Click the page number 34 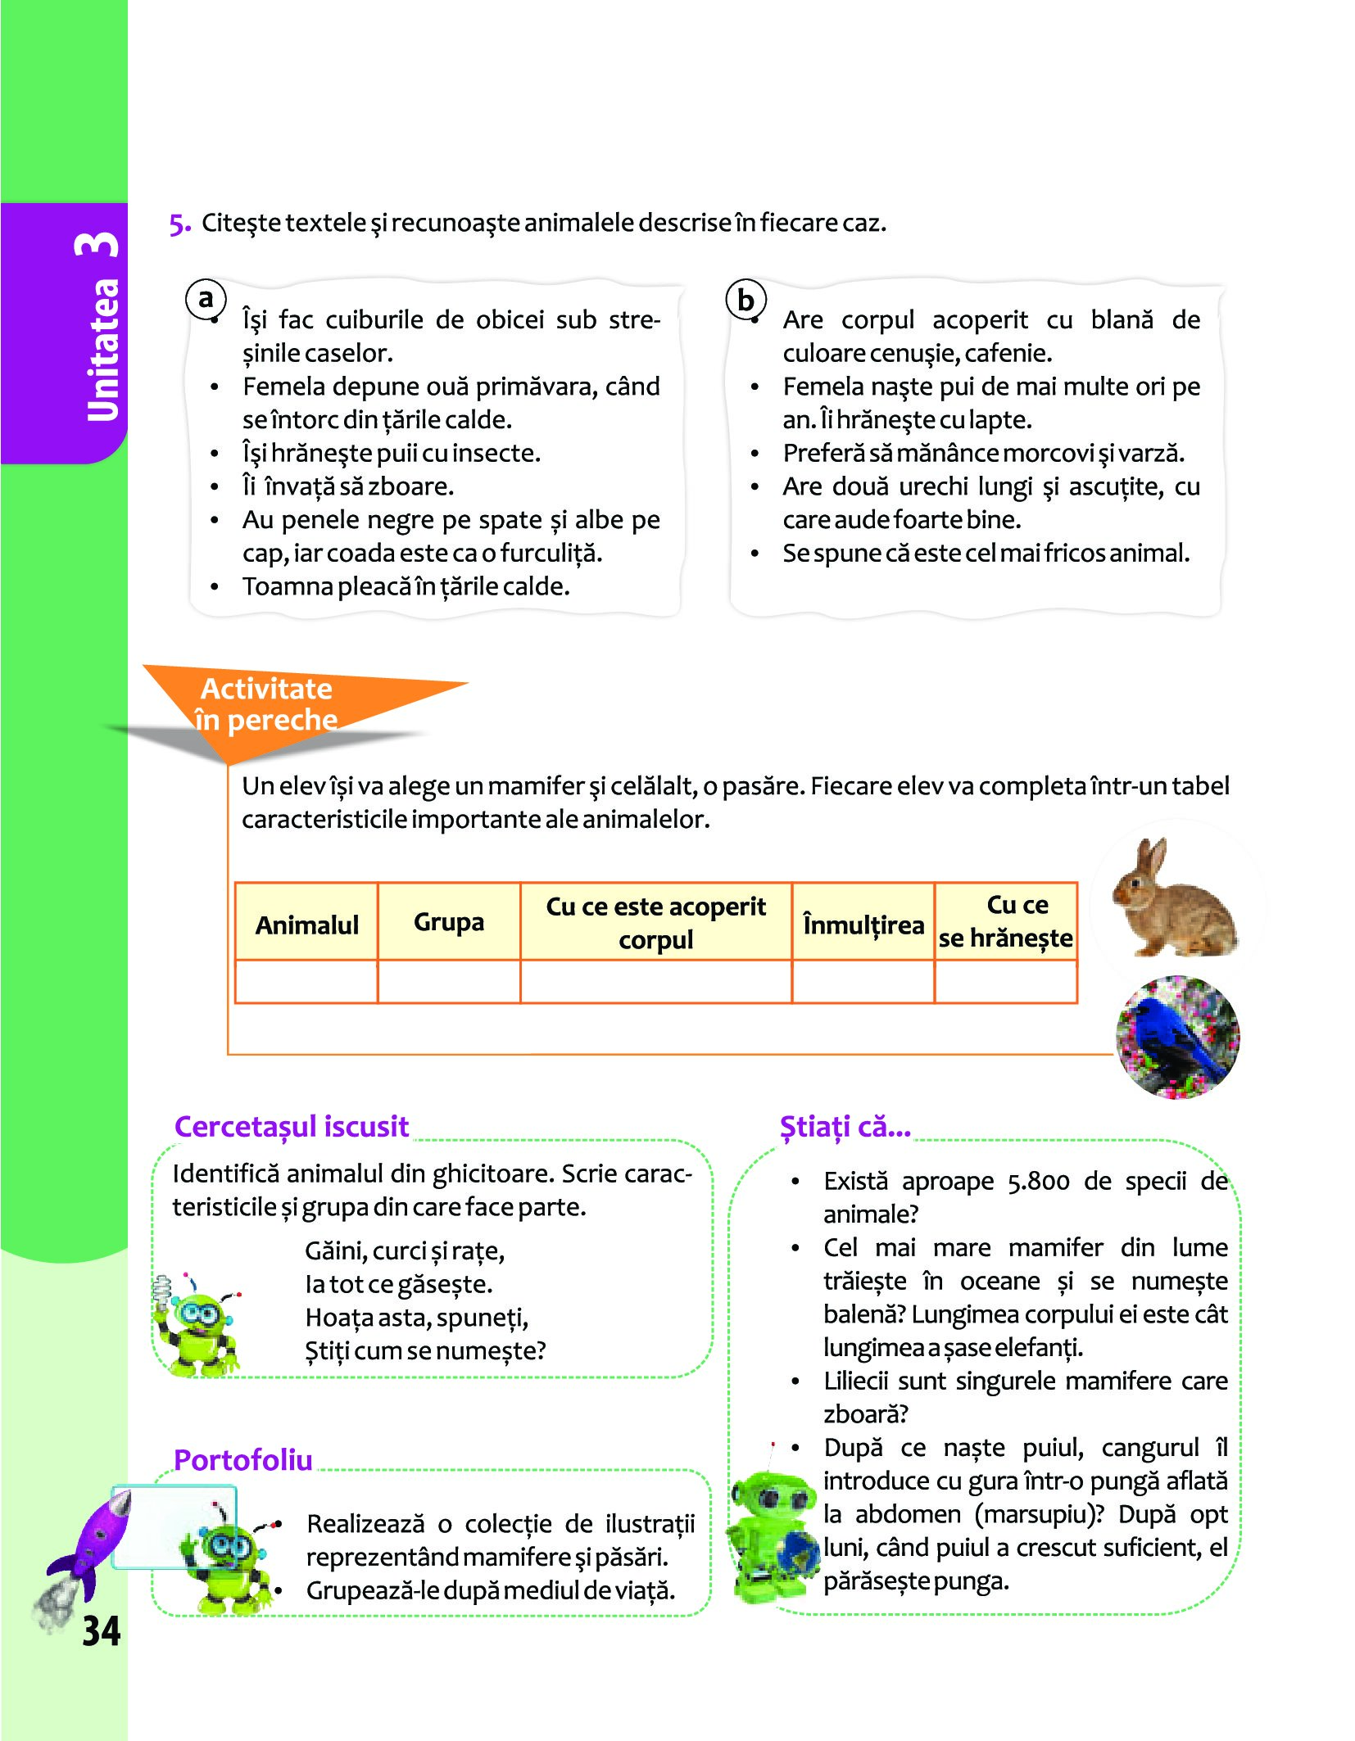pos(101,1631)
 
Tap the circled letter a pos(206,298)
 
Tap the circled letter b pos(745,300)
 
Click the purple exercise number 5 pos(179,224)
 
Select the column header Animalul pos(306,925)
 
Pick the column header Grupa pos(449,922)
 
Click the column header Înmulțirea pos(863,925)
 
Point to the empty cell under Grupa pos(449,982)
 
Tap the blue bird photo pos(1177,1037)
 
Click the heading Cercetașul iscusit pos(292,1127)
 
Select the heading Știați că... pos(845,1127)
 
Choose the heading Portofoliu pos(243,1460)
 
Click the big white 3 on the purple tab pos(98,244)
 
